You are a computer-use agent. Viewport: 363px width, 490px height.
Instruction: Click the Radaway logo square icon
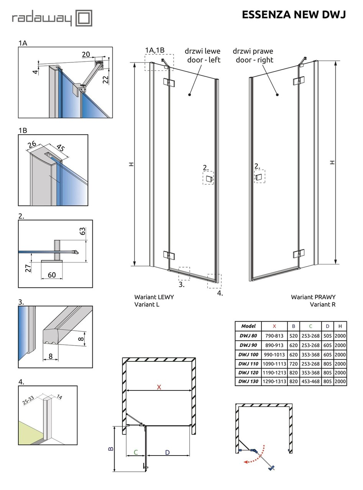pos(84,18)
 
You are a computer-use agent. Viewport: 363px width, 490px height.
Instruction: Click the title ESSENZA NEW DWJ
pos(294,15)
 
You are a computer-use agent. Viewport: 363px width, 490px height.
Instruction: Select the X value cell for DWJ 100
pos(274,354)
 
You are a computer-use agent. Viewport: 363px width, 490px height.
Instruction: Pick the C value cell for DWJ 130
pos(310,381)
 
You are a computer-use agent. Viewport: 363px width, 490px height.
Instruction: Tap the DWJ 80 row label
pos(248,336)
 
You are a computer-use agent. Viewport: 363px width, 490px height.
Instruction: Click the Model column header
pos(248,326)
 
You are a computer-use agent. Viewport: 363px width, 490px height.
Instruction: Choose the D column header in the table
pos(327,326)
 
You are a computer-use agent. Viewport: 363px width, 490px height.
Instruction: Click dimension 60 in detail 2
pos(52,275)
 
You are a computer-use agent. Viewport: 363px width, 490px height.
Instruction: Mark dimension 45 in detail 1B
pos(61,148)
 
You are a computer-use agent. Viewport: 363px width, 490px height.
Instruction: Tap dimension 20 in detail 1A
pos(86,54)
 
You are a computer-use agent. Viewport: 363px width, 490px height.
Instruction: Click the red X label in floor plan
pos(159,387)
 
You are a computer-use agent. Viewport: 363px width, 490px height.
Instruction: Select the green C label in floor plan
pos(136,452)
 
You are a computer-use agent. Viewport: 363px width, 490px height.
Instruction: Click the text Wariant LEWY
pos(154,297)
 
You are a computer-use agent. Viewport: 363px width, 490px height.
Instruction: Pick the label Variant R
pos(322,304)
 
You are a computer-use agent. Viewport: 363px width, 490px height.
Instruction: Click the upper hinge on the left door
pos(169,82)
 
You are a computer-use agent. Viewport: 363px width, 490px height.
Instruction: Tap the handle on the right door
pos(259,176)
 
